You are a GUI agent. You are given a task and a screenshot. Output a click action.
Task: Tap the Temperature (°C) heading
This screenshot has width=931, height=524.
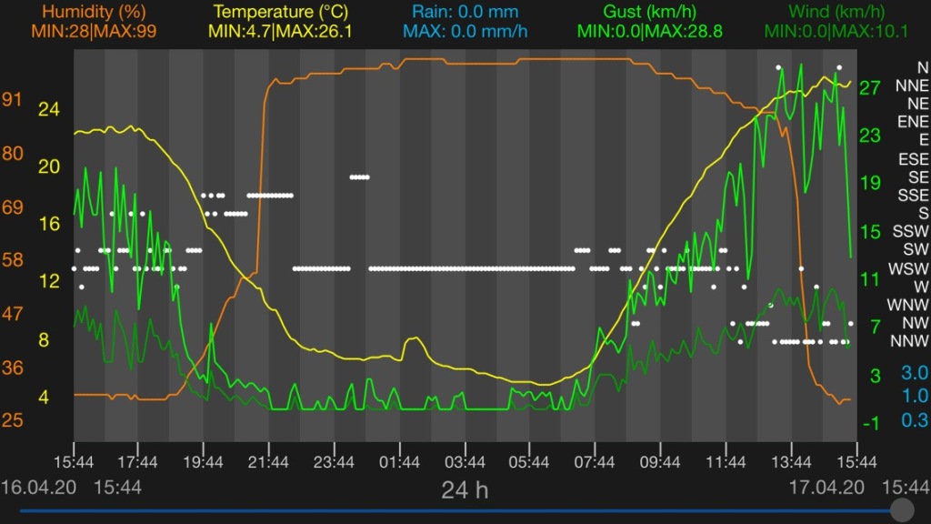pos(283,12)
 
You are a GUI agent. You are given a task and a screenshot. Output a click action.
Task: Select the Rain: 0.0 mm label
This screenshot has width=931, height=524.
pos(465,12)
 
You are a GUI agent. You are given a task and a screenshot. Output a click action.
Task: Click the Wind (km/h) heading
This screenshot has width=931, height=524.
pos(836,12)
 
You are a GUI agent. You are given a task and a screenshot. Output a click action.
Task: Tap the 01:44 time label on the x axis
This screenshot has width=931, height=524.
pos(399,461)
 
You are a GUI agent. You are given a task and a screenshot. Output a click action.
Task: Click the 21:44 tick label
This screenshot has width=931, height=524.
pos(268,461)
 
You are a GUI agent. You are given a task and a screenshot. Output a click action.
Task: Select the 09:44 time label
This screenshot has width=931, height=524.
pos(661,461)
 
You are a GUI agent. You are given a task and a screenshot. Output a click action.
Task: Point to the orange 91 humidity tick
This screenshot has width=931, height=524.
pos(14,100)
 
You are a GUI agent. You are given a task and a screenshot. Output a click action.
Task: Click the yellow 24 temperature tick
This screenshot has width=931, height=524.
pos(47,109)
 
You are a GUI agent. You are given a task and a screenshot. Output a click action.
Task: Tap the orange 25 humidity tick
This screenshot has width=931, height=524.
pos(14,420)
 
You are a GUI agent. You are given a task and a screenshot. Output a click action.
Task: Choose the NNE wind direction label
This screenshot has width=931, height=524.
pos(912,86)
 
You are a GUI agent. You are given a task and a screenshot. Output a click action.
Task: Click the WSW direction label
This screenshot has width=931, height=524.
pos(909,268)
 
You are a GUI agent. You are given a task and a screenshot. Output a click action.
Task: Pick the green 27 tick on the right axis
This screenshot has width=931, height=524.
pos(870,88)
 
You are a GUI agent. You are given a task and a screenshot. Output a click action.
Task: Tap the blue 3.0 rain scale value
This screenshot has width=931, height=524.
pos(915,373)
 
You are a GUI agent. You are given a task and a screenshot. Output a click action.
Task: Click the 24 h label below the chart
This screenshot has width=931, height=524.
pos(465,490)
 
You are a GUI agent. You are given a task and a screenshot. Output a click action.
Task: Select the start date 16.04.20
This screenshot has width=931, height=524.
pos(38,488)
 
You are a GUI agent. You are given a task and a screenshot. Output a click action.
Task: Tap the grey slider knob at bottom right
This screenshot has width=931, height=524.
pos(903,509)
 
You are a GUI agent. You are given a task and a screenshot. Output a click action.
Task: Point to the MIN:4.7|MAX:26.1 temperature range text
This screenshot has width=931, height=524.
pos(282,30)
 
